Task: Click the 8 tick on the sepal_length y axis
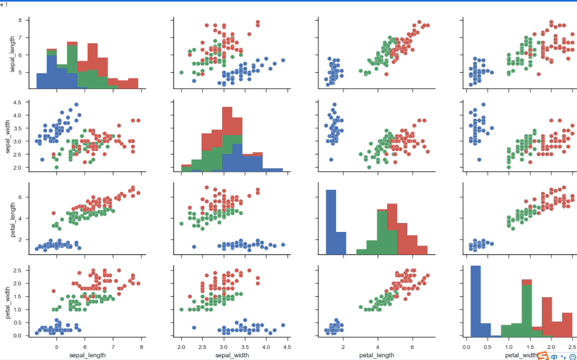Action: tap(20, 20)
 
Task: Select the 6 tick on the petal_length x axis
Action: tap(412, 346)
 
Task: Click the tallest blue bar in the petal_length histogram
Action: tap(331, 222)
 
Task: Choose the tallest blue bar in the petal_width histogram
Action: tap(476, 300)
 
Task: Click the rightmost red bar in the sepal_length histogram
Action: tap(133, 83)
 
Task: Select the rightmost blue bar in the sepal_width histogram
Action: tap(273, 170)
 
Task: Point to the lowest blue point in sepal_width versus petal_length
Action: tap(331, 160)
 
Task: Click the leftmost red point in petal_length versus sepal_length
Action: tap(53, 213)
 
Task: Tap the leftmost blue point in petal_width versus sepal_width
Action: tap(194, 328)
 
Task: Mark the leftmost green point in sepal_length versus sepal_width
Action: tap(181, 72)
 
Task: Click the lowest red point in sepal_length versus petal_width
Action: tap(538, 74)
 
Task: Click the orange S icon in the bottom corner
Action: tap(543, 356)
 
